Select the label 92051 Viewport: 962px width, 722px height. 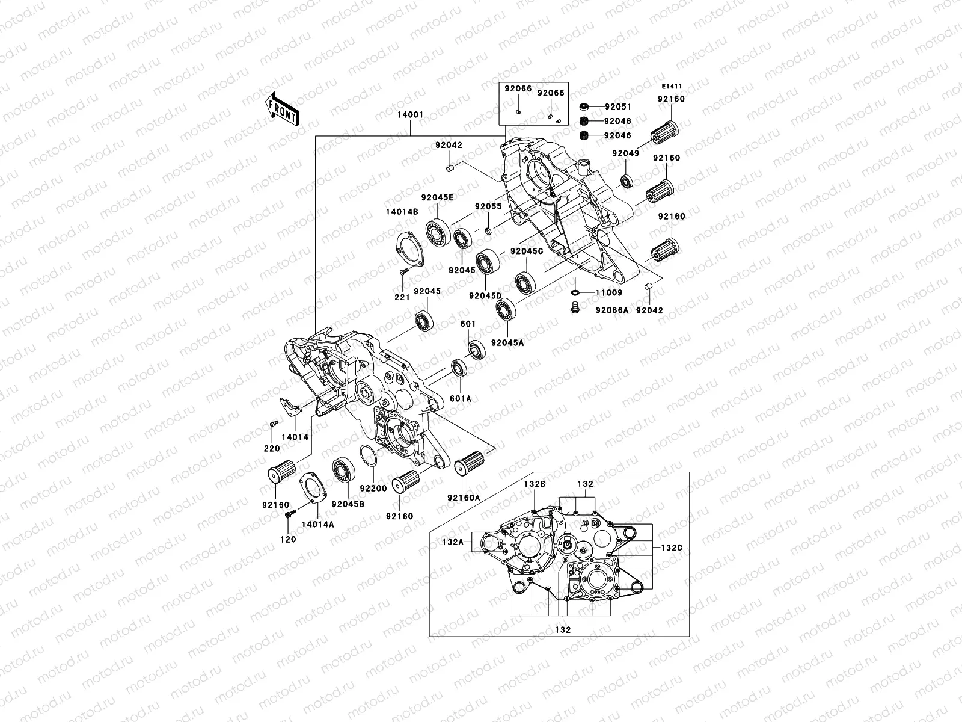[x=618, y=106]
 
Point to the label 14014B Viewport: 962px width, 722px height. [x=402, y=211]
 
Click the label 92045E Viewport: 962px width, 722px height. [x=438, y=197]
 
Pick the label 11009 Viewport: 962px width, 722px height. [x=609, y=293]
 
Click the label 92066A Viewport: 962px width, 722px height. [x=612, y=310]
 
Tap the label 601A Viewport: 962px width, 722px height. [x=461, y=398]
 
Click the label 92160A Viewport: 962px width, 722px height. [x=464, y=498]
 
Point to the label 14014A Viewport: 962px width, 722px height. [x=317, y=524]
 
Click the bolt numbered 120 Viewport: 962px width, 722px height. [x=289, y=540]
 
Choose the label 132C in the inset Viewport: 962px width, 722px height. [x=671, y=548]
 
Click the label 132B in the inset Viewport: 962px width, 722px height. [x=534, y=484]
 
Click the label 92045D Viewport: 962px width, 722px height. [x=485, y=295]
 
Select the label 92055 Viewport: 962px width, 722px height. [x=488, y=206]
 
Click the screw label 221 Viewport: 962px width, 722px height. [x=402, y=297]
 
